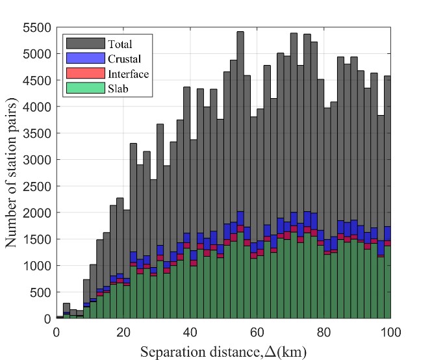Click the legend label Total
120,45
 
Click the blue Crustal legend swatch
84,58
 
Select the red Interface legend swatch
84,73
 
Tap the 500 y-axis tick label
42,292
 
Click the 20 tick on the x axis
123,331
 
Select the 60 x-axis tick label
257,331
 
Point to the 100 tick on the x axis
390,331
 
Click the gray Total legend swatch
84,44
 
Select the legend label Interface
128,73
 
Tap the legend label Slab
117,88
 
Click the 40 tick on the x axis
190,331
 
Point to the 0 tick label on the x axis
57,331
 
